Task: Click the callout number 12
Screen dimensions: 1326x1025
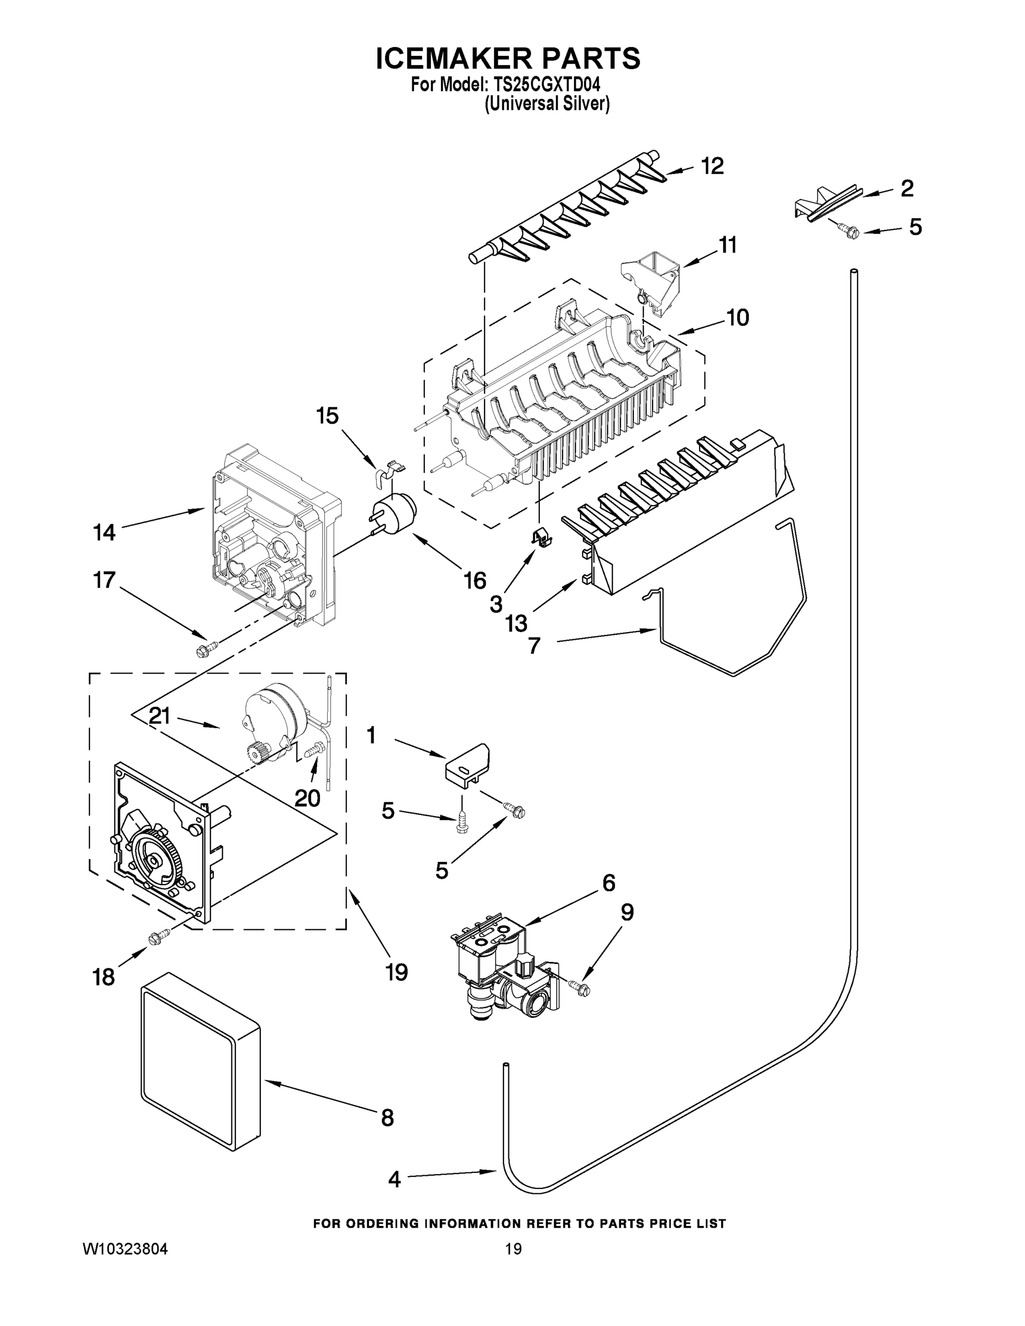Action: point(713,166)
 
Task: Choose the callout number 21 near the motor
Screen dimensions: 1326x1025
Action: point(160,717)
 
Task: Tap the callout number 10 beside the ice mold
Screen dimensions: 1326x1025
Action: point(738,318)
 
